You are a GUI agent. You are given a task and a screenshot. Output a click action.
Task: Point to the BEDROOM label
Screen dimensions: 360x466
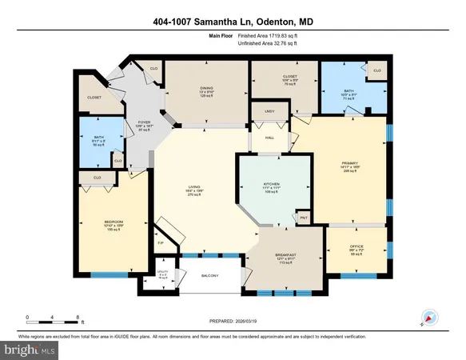(113, 222)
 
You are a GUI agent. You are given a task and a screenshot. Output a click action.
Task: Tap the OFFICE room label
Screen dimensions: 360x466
(357, 246)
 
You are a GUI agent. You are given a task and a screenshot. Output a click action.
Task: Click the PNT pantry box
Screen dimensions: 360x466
(303, 217)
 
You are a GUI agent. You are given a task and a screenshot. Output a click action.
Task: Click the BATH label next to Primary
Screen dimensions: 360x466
(349, 90)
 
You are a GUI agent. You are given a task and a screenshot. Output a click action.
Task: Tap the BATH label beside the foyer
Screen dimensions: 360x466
(98, 137)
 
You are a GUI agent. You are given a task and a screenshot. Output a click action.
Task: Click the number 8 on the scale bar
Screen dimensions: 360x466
(78, 318)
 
